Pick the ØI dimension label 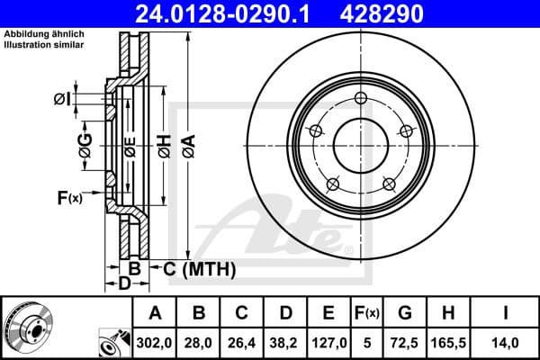[x=62, y=99]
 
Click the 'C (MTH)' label [x=199, y=268]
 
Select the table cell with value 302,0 [x=155, y=342]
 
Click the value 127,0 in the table [x=328, y=342]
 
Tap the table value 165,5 [x=447, y=342]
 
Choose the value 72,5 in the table [x=406, y=342]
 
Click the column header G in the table [x=406, y=313]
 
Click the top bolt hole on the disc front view [x=361, y=99]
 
